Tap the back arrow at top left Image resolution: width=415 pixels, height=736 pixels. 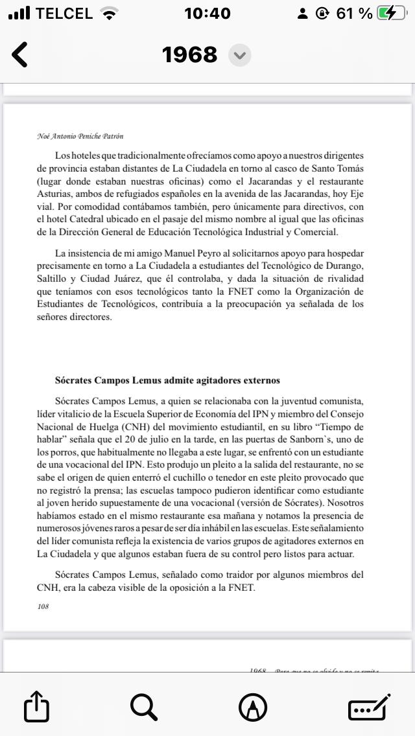[20, 54]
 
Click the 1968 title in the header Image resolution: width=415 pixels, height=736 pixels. [189, 54]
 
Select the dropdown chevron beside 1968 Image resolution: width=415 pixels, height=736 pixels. [240, 55]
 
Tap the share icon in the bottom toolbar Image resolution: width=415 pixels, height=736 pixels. [36, 706]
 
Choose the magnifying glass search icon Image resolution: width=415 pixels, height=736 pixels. [144, 706]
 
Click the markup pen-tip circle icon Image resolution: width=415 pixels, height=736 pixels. [253, 706]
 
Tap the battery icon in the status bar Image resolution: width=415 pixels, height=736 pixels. [392, 13]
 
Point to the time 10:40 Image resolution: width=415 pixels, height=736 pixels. [207, 13]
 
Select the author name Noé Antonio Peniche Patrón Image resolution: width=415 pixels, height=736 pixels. [80, 136]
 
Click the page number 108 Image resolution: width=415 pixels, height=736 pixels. [43, 606]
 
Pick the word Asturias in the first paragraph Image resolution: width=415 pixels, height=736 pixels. [54, 194]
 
